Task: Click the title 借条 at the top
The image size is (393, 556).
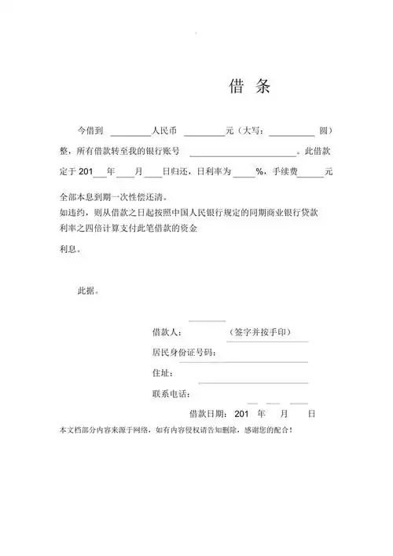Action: pyautogui.click(x=250, y=86)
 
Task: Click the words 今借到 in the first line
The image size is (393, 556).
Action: pyautogui.click(x=89, y=130)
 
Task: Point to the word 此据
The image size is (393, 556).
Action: pyautogui.click(x=88, y=291)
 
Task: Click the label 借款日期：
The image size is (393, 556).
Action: pyautogui.click(x=208, y=413)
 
